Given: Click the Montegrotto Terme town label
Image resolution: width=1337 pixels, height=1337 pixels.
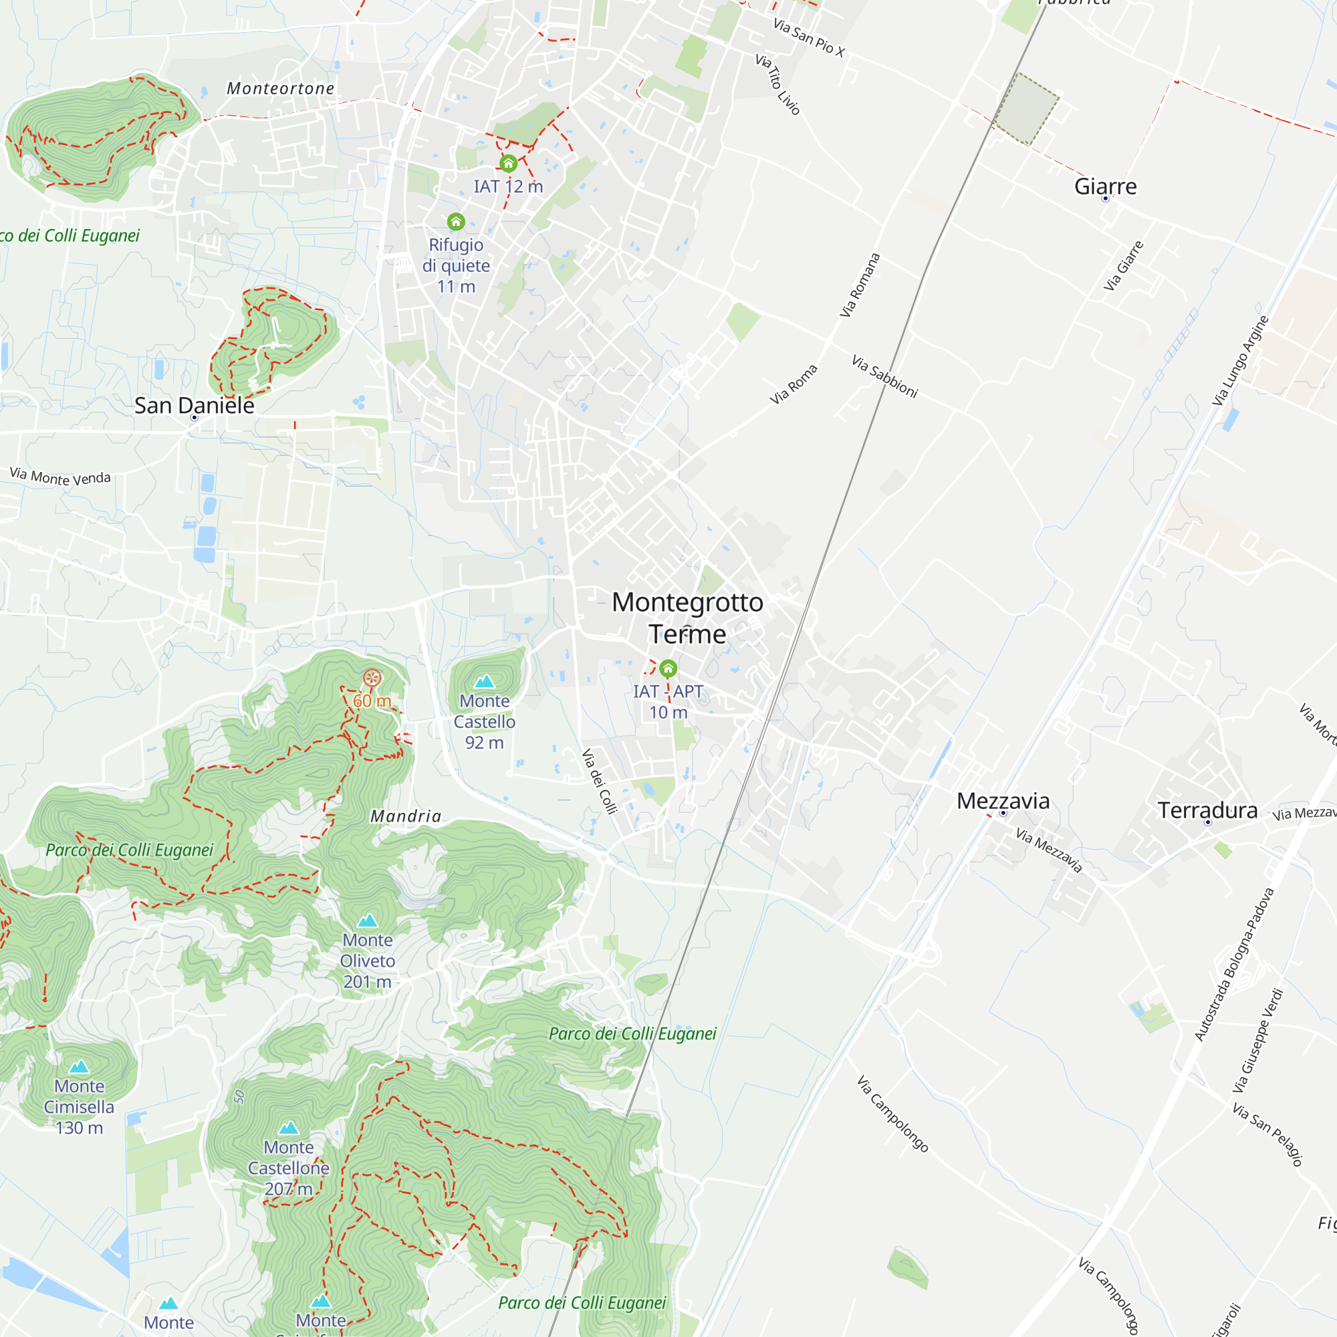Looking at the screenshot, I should click(687, 618).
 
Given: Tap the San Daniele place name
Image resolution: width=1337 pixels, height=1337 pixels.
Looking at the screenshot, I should click(195, 406).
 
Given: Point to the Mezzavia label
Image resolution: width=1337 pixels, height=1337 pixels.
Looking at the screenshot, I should click(1003, 801).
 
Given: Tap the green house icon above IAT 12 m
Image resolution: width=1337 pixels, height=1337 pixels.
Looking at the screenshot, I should click(509, 163).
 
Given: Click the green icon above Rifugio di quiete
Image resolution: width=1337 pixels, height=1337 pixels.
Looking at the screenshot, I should click(455, 221).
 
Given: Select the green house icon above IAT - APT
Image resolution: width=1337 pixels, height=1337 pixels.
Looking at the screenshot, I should click(668, 668).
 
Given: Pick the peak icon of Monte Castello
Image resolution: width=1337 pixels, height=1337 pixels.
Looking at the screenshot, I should click(485, 681).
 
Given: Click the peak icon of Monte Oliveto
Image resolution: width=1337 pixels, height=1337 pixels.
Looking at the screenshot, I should click(368, 921).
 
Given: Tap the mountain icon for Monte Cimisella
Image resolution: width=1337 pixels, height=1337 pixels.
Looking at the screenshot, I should click(80, 1066).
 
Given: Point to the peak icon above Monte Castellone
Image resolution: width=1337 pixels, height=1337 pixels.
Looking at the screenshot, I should click(289, 1127).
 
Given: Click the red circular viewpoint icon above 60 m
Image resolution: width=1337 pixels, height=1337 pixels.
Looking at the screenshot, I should click(372, 677).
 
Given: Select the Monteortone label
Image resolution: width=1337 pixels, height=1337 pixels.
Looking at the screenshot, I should click(280, 89).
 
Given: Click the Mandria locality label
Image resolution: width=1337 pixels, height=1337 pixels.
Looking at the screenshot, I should click(406, 817).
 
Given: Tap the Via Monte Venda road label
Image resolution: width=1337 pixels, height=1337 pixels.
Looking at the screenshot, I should click(60, 476).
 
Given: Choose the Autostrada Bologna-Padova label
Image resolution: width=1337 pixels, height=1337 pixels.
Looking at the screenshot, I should click(1234, 963).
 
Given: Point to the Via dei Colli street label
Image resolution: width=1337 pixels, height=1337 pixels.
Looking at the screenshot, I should click(599, 781).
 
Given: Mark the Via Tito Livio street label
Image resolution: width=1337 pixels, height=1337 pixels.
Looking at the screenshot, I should click(778, 84).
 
